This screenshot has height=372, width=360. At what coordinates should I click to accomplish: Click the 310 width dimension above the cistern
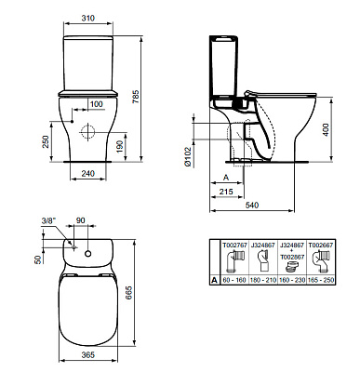pos(89,18)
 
